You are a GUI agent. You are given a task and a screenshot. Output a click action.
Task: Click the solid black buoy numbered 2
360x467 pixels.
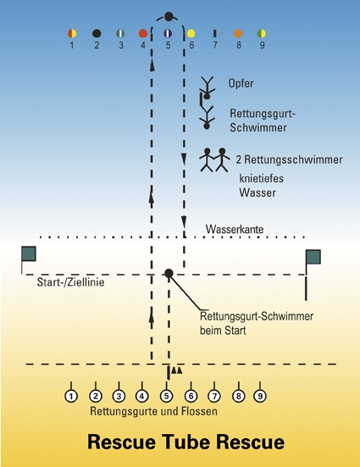click(x=97, y=33)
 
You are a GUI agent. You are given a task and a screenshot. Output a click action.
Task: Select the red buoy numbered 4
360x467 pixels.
click(x=143, y=33)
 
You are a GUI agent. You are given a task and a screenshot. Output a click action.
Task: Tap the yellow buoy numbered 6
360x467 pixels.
click(x=191, y=33)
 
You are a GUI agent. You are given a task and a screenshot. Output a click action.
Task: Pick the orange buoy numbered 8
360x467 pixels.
click(x=238, y=33)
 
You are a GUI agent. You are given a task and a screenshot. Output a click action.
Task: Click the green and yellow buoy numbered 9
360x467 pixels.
click(x=262, y=33)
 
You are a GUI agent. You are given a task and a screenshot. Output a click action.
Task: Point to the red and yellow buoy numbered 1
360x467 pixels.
click(x=72, y=33)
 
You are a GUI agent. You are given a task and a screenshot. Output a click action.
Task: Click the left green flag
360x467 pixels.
click(x=29, y=253)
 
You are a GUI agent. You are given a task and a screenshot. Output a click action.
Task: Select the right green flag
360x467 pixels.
click(x=313, y=257)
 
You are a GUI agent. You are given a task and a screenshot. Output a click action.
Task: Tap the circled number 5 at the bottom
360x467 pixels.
click(x=166, y=396)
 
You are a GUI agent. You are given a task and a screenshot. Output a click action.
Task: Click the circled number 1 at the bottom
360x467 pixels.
click(x=71, y=396)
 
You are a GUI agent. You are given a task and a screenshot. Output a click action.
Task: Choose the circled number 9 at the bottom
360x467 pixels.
click(x=260, y=396)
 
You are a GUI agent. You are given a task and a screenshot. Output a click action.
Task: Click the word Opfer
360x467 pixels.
click(x=241, y=83)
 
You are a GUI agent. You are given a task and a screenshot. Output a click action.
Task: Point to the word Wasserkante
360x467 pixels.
click(x=235, y=230)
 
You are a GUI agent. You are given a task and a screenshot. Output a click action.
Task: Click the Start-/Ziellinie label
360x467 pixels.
click(x=70, y=282)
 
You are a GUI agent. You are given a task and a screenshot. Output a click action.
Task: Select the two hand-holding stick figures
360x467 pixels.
click(x=214, y=159)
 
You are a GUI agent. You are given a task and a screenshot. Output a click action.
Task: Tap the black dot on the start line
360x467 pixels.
click(x=169, y=273)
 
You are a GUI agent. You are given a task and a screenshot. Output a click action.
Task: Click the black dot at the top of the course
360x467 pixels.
click(x=169, y=16)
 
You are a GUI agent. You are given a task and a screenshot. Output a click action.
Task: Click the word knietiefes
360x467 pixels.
click(x=262, y=178)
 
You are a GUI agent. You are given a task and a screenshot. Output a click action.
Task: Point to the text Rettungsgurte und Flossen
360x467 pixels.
click(x=153, y=411)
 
